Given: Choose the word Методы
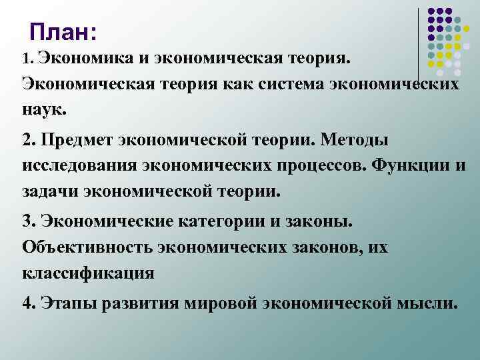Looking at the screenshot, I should click(357, 141).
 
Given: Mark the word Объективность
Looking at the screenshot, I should click(86, 247).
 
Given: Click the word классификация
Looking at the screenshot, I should click(88, 273).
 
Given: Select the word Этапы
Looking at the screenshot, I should click(66, 303).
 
